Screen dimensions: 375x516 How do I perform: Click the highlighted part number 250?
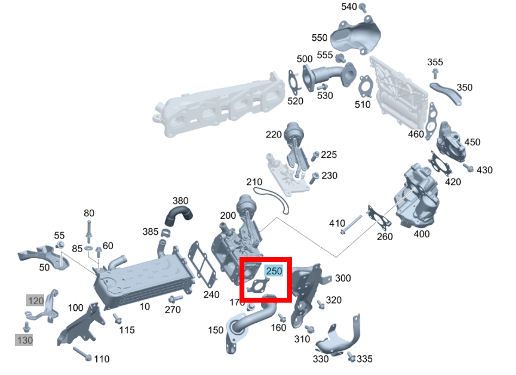click(x=274, y=271)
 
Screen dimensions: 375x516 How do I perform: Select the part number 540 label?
click(x=349, y=7)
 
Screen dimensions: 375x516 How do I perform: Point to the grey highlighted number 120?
click(x=35, y=300)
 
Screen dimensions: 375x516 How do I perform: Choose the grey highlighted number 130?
click(x=24, y=340)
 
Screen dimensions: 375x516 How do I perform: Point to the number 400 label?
click(x=421, y=234)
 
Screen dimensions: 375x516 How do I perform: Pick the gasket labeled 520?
click(x=294, y=82)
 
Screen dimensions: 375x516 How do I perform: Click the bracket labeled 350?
click(x=446, y=93)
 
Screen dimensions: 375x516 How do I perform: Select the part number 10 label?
click(x=144, y=306)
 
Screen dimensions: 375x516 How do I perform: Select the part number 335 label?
click(x=365, y=359)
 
